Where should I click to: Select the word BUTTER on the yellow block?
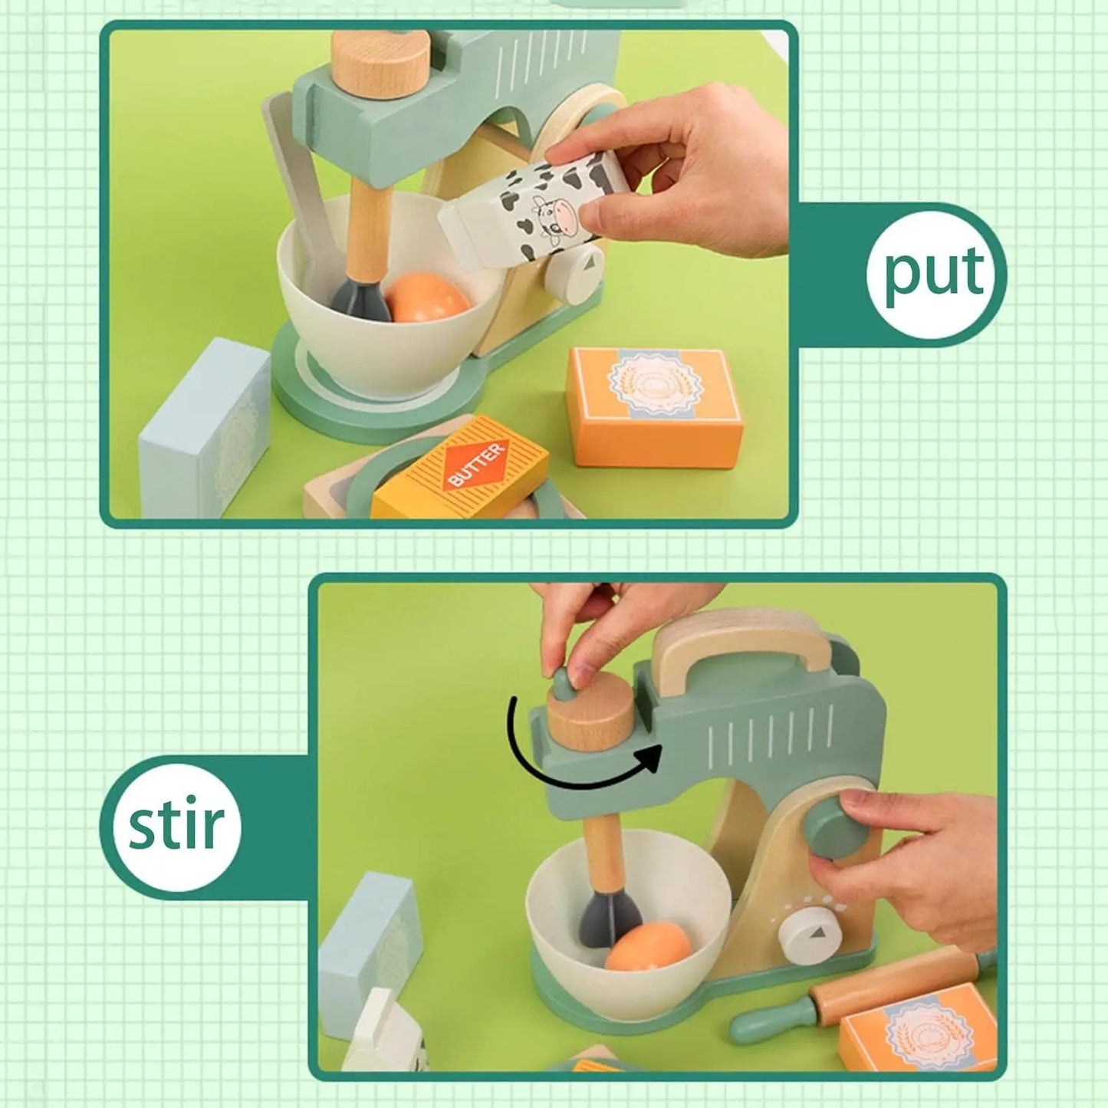(x=475, y=464)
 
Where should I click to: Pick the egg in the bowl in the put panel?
(x=428, y=298)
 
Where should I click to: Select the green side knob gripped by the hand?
(x=836, y=827)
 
